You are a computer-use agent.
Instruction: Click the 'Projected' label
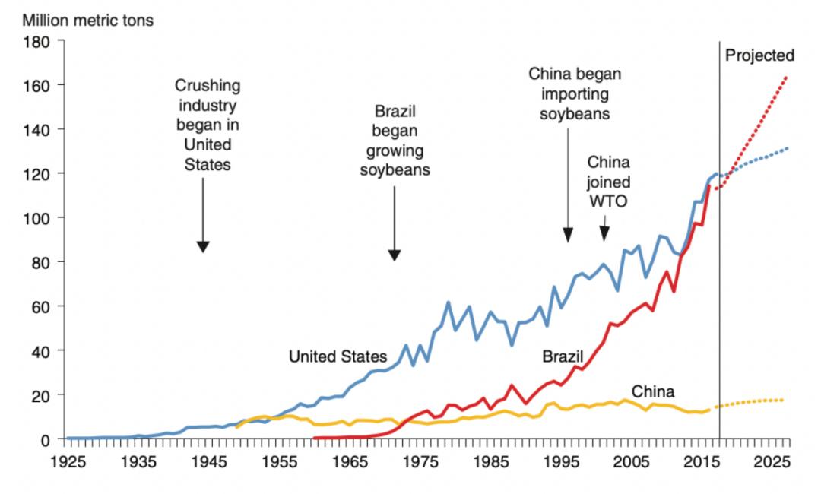(x=759, y=55)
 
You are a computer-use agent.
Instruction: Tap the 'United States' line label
(x=338, y=356)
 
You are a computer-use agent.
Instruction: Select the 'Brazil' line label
(x=563, y=356)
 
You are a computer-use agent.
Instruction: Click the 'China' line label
(x=653, y=392)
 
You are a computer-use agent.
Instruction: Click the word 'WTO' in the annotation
(x=608, y=201)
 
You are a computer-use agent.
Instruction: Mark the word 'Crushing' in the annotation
(x=208, y=85)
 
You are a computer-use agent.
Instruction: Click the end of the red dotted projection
(x=786, y=77)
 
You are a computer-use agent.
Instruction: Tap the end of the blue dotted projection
(x=787, y=148)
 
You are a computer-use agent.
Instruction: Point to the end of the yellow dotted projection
(x=783, y=400)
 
